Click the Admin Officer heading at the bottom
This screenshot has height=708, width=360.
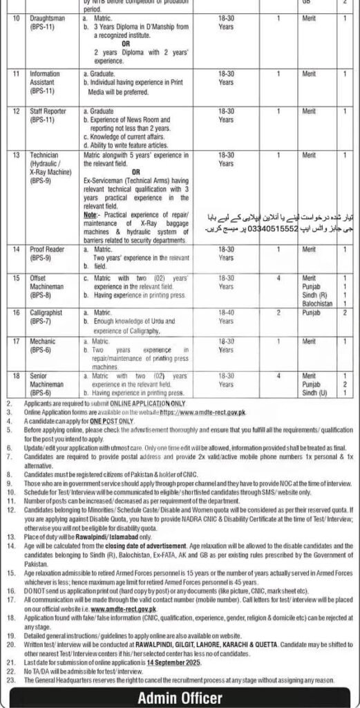(x=180, y=696)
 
